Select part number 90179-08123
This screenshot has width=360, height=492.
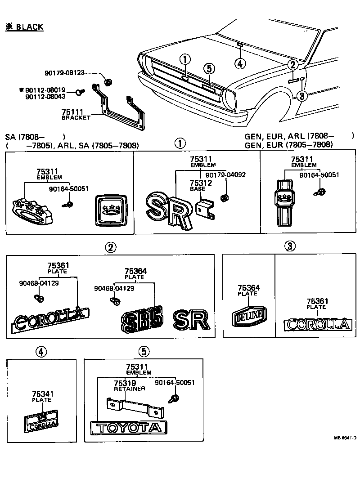[64, 73]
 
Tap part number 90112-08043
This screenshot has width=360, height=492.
[45, 97]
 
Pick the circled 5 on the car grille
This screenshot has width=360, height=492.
[209, 69]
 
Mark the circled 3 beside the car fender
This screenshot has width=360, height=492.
[301, 95]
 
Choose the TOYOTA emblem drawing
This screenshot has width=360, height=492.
[129, 428]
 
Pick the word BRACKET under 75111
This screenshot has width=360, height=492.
[76, 117]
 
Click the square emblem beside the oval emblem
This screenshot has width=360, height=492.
[110, 210]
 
